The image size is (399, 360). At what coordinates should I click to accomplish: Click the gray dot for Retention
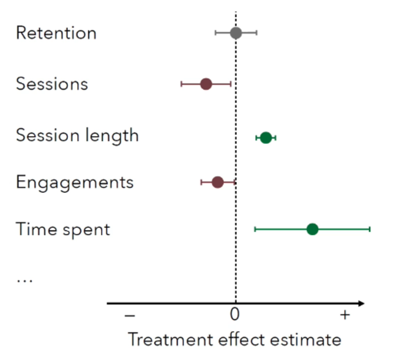(236, 32)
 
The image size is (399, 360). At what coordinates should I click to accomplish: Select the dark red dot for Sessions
(206, 84)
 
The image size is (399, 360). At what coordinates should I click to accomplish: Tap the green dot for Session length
(266, 137)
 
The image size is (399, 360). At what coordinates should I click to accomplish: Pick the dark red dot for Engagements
(217, 182)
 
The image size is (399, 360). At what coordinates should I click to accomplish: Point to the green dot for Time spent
(312, 229)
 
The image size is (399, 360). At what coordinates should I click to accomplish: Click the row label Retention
(56, 32)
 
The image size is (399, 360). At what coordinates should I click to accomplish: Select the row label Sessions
(52, 84)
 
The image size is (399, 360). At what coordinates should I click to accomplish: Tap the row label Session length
(78, 135)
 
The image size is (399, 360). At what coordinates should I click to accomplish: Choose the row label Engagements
(75, 182)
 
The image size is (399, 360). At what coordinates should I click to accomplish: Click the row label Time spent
(63, 230)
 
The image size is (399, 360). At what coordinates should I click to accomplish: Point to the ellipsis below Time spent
(24, 280)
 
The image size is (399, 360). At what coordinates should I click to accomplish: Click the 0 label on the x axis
(235, 315)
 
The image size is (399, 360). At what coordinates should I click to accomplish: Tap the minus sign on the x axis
(130, 315)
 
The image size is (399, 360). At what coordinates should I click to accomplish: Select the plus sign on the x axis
(345, 315)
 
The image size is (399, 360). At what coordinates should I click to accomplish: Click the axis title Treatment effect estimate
(234, 339)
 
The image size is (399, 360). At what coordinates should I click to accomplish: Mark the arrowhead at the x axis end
(361, 302)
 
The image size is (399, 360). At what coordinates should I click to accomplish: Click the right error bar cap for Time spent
(370, 229)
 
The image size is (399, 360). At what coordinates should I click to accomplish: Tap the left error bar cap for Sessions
(181, 84)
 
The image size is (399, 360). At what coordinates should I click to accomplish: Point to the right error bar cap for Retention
(256, 32)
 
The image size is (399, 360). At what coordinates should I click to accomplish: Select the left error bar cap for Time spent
(255, 229)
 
